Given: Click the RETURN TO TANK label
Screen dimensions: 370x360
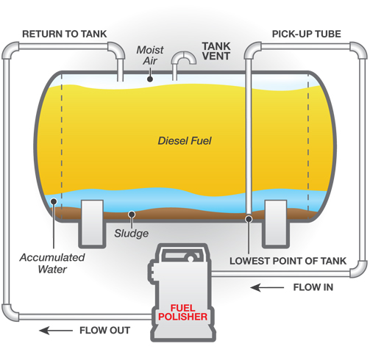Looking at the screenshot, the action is point(65,34).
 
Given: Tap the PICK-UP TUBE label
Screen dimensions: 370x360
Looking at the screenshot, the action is point(307,34).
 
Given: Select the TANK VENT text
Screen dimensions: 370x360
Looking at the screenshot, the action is point(216,51).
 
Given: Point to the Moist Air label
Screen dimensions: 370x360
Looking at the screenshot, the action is point(150,55).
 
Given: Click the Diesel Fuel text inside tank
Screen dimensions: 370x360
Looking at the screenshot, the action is point(185,141).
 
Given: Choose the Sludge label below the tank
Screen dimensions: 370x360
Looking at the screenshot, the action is point(132,234).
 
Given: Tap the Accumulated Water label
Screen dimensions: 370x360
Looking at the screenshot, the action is point(52,263).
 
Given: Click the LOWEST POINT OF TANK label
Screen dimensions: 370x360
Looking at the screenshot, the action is point(288,261).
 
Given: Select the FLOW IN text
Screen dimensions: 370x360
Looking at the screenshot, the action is point(313,287).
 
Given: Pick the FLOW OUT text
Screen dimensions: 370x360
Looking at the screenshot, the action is point(105,331).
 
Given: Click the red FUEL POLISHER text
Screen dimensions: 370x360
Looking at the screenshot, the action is point(183,312).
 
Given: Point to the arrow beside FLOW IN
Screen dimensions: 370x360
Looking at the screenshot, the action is point(267,287).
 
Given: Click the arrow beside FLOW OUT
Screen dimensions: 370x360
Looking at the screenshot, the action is point(56,331).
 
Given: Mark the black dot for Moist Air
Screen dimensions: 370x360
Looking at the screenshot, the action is point(150,79).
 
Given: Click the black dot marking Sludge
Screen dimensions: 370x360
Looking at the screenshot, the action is point(132,215).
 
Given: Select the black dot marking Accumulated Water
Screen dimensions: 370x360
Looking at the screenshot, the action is point(54,201).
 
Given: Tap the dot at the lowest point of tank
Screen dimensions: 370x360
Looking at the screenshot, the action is point(249,219).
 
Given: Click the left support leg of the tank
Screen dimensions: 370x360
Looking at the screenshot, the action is point(92,224).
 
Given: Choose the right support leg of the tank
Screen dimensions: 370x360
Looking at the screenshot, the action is point(276,224).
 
